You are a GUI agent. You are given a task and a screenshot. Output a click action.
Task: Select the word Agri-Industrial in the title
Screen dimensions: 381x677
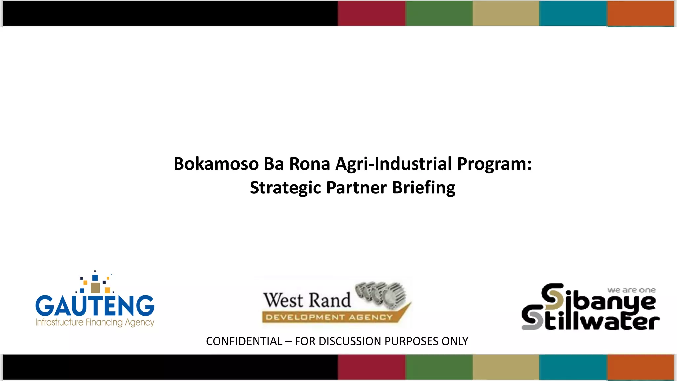[x=393, y=164]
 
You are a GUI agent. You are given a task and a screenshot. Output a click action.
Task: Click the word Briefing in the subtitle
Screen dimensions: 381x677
[x=423, y=188]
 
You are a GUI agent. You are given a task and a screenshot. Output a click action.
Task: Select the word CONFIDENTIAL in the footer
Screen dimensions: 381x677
[x=244, y=341]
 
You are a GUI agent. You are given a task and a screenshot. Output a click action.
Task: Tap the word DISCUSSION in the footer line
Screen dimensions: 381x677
[x=349, y=341]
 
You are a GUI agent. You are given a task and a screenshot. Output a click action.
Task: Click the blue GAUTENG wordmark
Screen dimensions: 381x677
[x=95, y=306]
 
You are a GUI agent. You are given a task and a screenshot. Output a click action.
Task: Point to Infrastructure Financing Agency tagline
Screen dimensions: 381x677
[x=95, y=322]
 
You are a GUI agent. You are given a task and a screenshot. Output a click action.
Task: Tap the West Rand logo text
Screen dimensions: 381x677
[x=307, y=300]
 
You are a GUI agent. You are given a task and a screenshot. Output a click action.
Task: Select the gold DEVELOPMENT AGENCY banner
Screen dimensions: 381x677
[x=329, y=317]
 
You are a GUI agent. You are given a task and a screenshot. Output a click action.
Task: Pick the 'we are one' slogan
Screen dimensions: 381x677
[x=631, y=290]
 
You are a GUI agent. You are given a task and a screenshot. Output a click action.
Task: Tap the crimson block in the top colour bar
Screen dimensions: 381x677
[x=372, y=13]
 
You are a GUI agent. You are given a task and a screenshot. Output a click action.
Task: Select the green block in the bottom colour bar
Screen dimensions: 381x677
[x=439, y=367]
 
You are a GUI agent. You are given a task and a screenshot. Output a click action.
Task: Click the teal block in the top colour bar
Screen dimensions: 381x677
[x=573, y=13]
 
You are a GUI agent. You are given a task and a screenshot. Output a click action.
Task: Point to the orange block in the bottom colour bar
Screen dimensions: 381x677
[x=641, y=367]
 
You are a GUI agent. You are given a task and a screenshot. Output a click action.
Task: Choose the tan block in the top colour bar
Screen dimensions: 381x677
[x=506, y=13]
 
